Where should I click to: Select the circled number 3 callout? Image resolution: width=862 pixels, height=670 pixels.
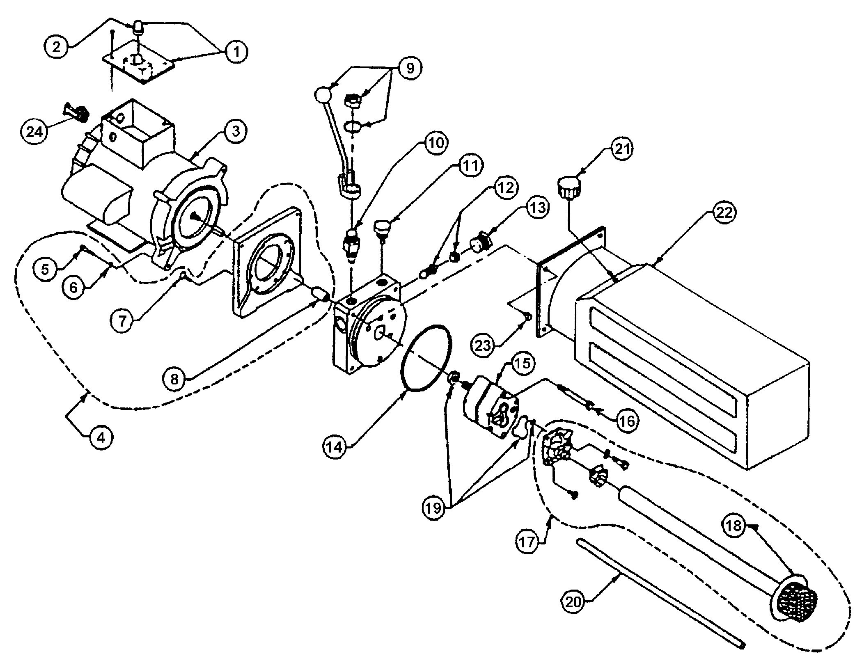pyautogui.click(x=235, y=131)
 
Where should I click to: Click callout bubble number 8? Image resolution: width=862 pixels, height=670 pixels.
pyautogui.click(x=174, y=378)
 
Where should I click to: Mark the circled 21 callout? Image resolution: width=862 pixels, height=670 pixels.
pyautogui.click(x=621, y=150)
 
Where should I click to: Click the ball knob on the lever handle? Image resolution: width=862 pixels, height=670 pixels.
pyautogui.click(x=323, y=96)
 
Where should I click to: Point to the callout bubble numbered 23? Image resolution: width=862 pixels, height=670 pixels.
pyautogui.click(x=483, y=345)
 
